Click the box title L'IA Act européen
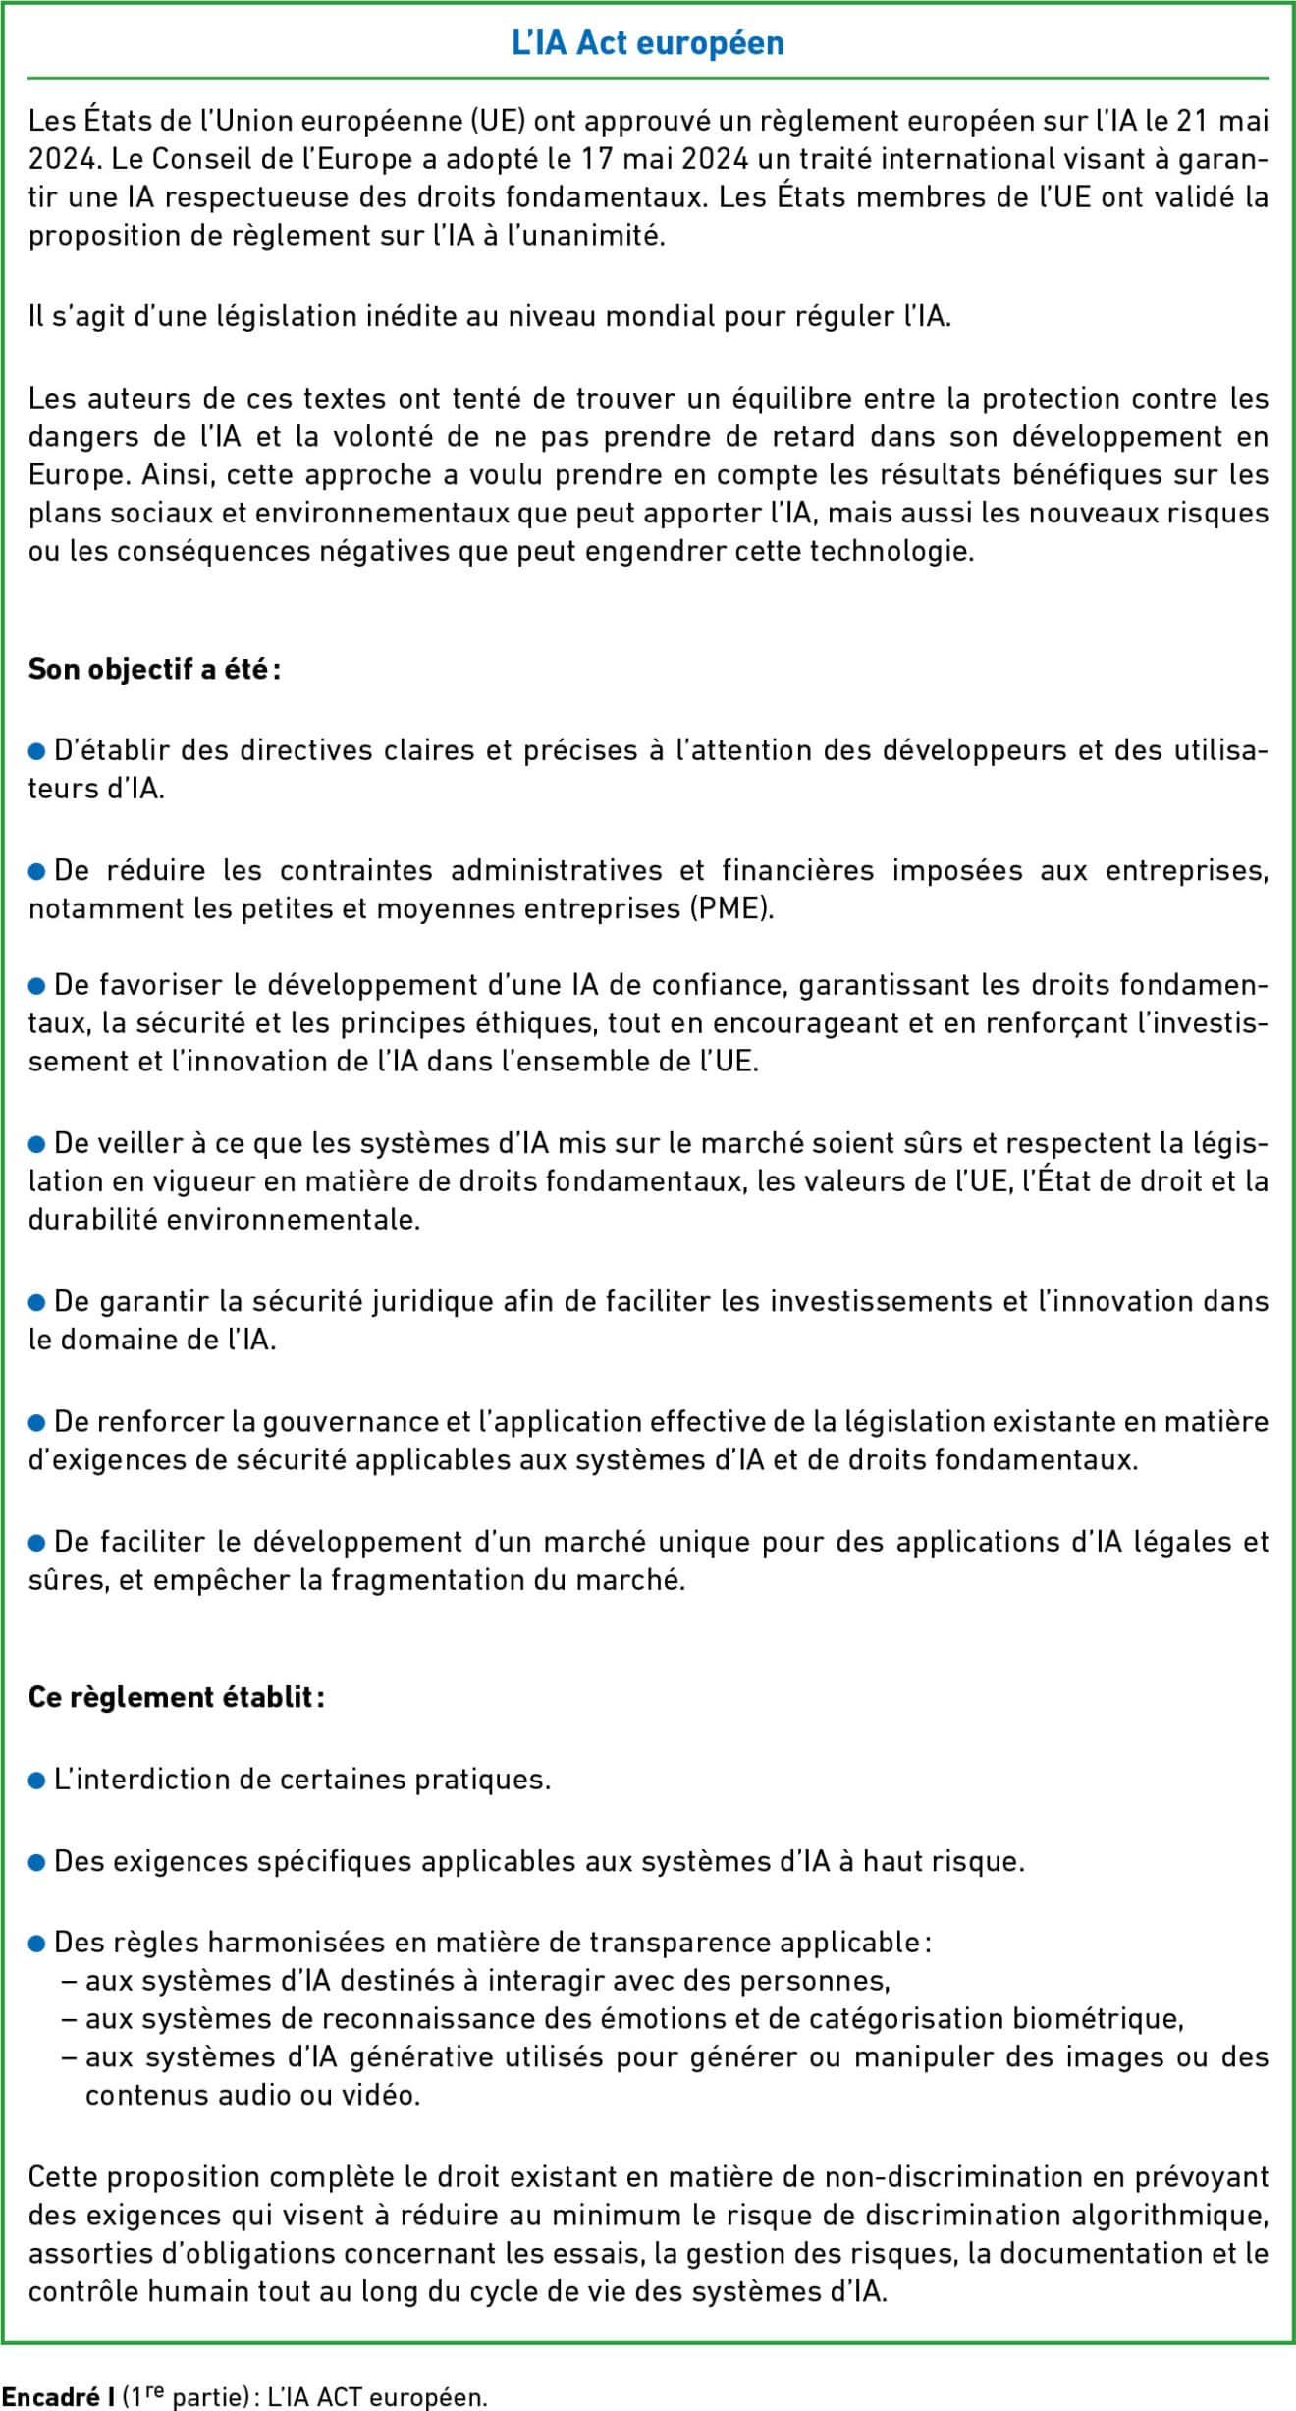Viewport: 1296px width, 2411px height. click(648, 43)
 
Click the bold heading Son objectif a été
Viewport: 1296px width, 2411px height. click(153, 670)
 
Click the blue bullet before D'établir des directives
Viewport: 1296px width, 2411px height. click(37, 751)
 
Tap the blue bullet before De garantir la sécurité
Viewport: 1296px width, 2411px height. click(37, 1302)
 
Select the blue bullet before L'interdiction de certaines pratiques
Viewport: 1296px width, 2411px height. click(37, 1781)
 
